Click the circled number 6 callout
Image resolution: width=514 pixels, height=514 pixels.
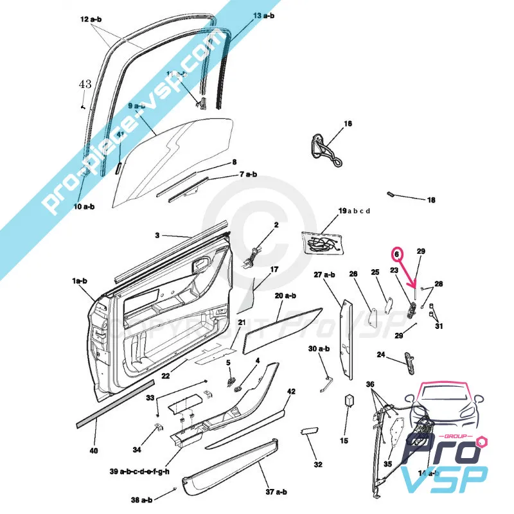click(x=397, y=254)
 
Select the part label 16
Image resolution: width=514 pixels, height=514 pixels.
click(x=348, y=123)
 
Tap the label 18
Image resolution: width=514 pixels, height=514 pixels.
click(x=431, y=200)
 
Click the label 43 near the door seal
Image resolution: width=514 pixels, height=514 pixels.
click(x=85, y=84)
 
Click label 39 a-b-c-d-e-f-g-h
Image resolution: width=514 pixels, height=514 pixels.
click(x=139, y=472)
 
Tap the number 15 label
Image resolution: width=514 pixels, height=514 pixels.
click(x=344, y=441)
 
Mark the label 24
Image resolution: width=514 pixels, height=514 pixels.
click(x=381, y=354)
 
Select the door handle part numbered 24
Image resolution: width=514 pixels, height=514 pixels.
click(x=408, y=363)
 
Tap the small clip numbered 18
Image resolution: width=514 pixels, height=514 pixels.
click(x=391, y=193)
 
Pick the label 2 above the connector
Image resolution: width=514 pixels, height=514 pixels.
click(x=276, y=226)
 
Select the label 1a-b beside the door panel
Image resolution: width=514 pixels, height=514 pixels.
click(x=80, y=281)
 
